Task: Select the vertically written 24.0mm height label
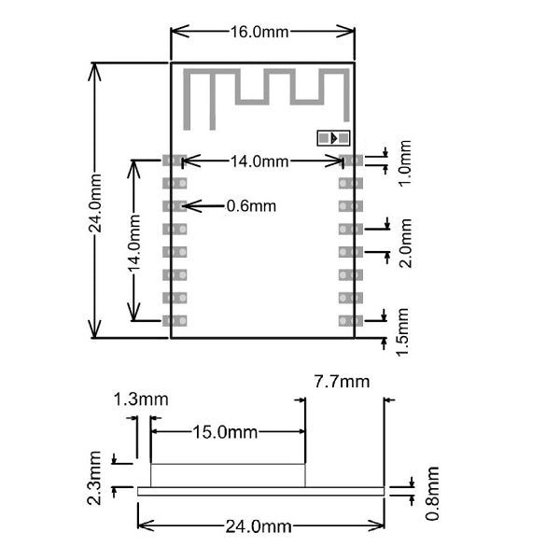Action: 96,201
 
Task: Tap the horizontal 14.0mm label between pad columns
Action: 259,161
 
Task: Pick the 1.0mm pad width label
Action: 404,164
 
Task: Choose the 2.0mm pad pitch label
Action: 404,244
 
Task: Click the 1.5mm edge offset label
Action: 404,329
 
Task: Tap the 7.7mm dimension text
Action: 342,381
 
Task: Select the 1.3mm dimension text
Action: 140,399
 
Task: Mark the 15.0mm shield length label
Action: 225,432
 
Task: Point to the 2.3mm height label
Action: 95,478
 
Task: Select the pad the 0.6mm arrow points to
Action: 175,205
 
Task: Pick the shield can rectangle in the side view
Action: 228,475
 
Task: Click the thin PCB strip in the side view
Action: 260,491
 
